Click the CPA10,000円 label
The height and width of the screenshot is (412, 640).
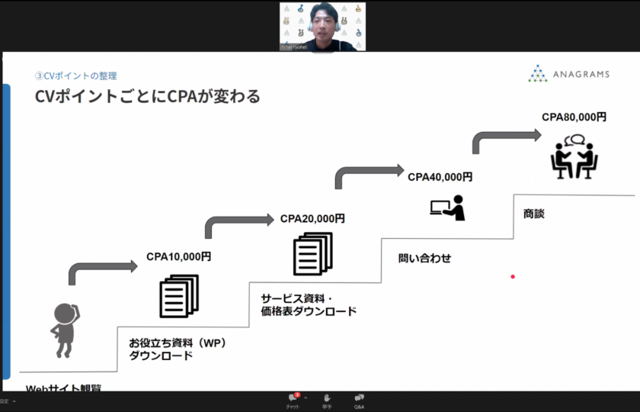tap(178, 257)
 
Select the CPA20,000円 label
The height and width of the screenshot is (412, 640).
tap(312, 219)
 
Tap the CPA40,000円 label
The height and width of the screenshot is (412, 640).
tap(440, 177)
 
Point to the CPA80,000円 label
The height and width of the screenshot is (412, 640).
tap(574, 117)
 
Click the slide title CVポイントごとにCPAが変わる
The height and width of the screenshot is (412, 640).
tap(148, 97)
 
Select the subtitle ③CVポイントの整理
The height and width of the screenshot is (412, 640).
tap(76, 76)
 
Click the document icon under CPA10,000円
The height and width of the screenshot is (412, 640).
tap(178, 296)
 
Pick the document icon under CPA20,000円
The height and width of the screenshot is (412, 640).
tap(312, 253)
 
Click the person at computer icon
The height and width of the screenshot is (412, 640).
tap(447, 208)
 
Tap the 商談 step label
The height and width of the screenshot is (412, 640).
tap(534, 214)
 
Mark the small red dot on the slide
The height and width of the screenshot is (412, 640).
tap(513, 276)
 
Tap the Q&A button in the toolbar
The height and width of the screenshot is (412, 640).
tap(359, 401)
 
